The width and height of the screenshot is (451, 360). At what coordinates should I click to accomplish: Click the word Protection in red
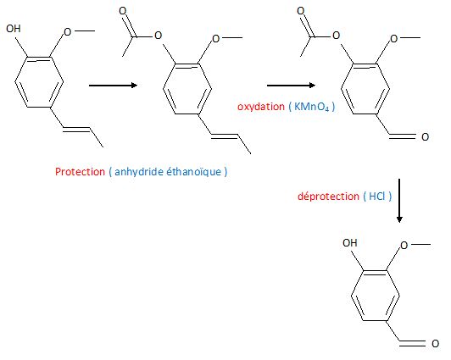point(80,171)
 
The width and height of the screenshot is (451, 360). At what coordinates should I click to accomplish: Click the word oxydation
point(261,107)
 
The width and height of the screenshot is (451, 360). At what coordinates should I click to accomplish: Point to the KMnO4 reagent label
point(311,107)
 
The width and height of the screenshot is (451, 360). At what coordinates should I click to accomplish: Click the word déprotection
point(328,197)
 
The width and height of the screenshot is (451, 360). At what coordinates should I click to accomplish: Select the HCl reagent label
point(377,196)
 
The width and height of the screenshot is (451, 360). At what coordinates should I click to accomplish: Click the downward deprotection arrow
point(399,201)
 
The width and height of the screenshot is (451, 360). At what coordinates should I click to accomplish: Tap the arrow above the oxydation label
point(291,85)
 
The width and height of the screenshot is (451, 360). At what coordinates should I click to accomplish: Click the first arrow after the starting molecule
point(114,85)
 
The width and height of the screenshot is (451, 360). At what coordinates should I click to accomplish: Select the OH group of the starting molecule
point(14,29)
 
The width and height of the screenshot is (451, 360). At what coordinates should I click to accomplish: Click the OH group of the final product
point(350,243)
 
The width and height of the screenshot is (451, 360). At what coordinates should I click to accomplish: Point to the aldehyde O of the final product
point(436,343)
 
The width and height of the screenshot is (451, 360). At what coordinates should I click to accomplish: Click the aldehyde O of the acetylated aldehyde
point(425,136)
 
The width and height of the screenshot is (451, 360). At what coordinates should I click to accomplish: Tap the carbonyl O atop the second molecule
point(123,11)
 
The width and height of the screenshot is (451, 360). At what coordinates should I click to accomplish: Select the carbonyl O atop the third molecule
point(301,11)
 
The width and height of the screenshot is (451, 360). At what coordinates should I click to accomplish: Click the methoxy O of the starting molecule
point(67,31)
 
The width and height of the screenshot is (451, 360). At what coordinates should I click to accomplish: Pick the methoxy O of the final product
point(404,246)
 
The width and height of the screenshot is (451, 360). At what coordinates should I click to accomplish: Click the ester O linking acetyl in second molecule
point(158,36)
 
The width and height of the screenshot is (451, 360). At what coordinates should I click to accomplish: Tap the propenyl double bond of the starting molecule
point(77,130)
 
